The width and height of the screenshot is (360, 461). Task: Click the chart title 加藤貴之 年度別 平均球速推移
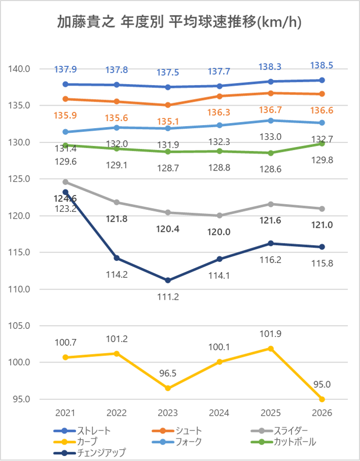click(179, 23)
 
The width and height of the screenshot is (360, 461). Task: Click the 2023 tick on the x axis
click(168, 413)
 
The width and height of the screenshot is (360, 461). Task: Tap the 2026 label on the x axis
click(322, 413)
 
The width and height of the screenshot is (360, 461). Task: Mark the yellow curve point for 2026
click(322, 399)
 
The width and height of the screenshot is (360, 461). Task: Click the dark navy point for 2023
click(168, 280)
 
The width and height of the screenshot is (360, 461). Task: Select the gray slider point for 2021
click(65, 182)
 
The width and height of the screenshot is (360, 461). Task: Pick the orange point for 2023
click(168, 105)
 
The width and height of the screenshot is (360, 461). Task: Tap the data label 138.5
click(322, 65)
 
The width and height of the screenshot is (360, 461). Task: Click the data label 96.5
click(168, 373)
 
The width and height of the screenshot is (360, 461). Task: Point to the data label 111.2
click(168, 297)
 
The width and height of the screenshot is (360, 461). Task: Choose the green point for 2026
click(322, 143)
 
